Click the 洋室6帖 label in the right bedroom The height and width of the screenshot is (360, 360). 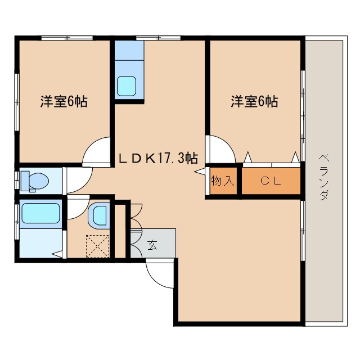tap(254, 102)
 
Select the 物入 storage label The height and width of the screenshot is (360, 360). tap(222, 181)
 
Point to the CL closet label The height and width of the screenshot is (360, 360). tap(271, 181)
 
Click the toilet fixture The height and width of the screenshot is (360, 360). tap(35, 181)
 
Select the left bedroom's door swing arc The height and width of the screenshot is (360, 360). tap(97, 151)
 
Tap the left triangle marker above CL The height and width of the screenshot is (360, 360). tap(247, 157)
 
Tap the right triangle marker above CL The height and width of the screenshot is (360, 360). tap(294, 157)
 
